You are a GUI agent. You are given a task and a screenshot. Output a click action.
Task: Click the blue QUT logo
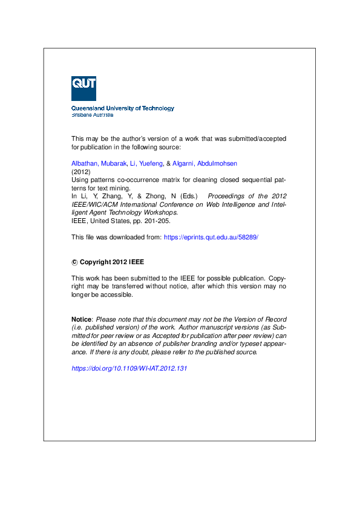coord(83,88)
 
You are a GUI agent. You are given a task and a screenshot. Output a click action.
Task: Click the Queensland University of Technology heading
coord(123,108)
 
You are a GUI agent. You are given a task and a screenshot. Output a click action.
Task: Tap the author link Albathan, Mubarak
coord(99,163)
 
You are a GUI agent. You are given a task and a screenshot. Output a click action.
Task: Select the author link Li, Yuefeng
coord(146,163)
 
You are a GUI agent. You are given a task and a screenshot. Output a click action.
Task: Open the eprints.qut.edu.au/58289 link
coord(211,237)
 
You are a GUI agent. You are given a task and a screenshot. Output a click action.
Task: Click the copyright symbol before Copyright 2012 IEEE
coord(74,262)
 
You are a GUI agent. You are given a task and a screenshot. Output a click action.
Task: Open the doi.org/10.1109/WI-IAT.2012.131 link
coord(129,368)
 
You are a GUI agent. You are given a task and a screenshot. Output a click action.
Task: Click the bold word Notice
coord(81,319)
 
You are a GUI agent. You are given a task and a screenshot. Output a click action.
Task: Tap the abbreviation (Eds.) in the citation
coord(187,196)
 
